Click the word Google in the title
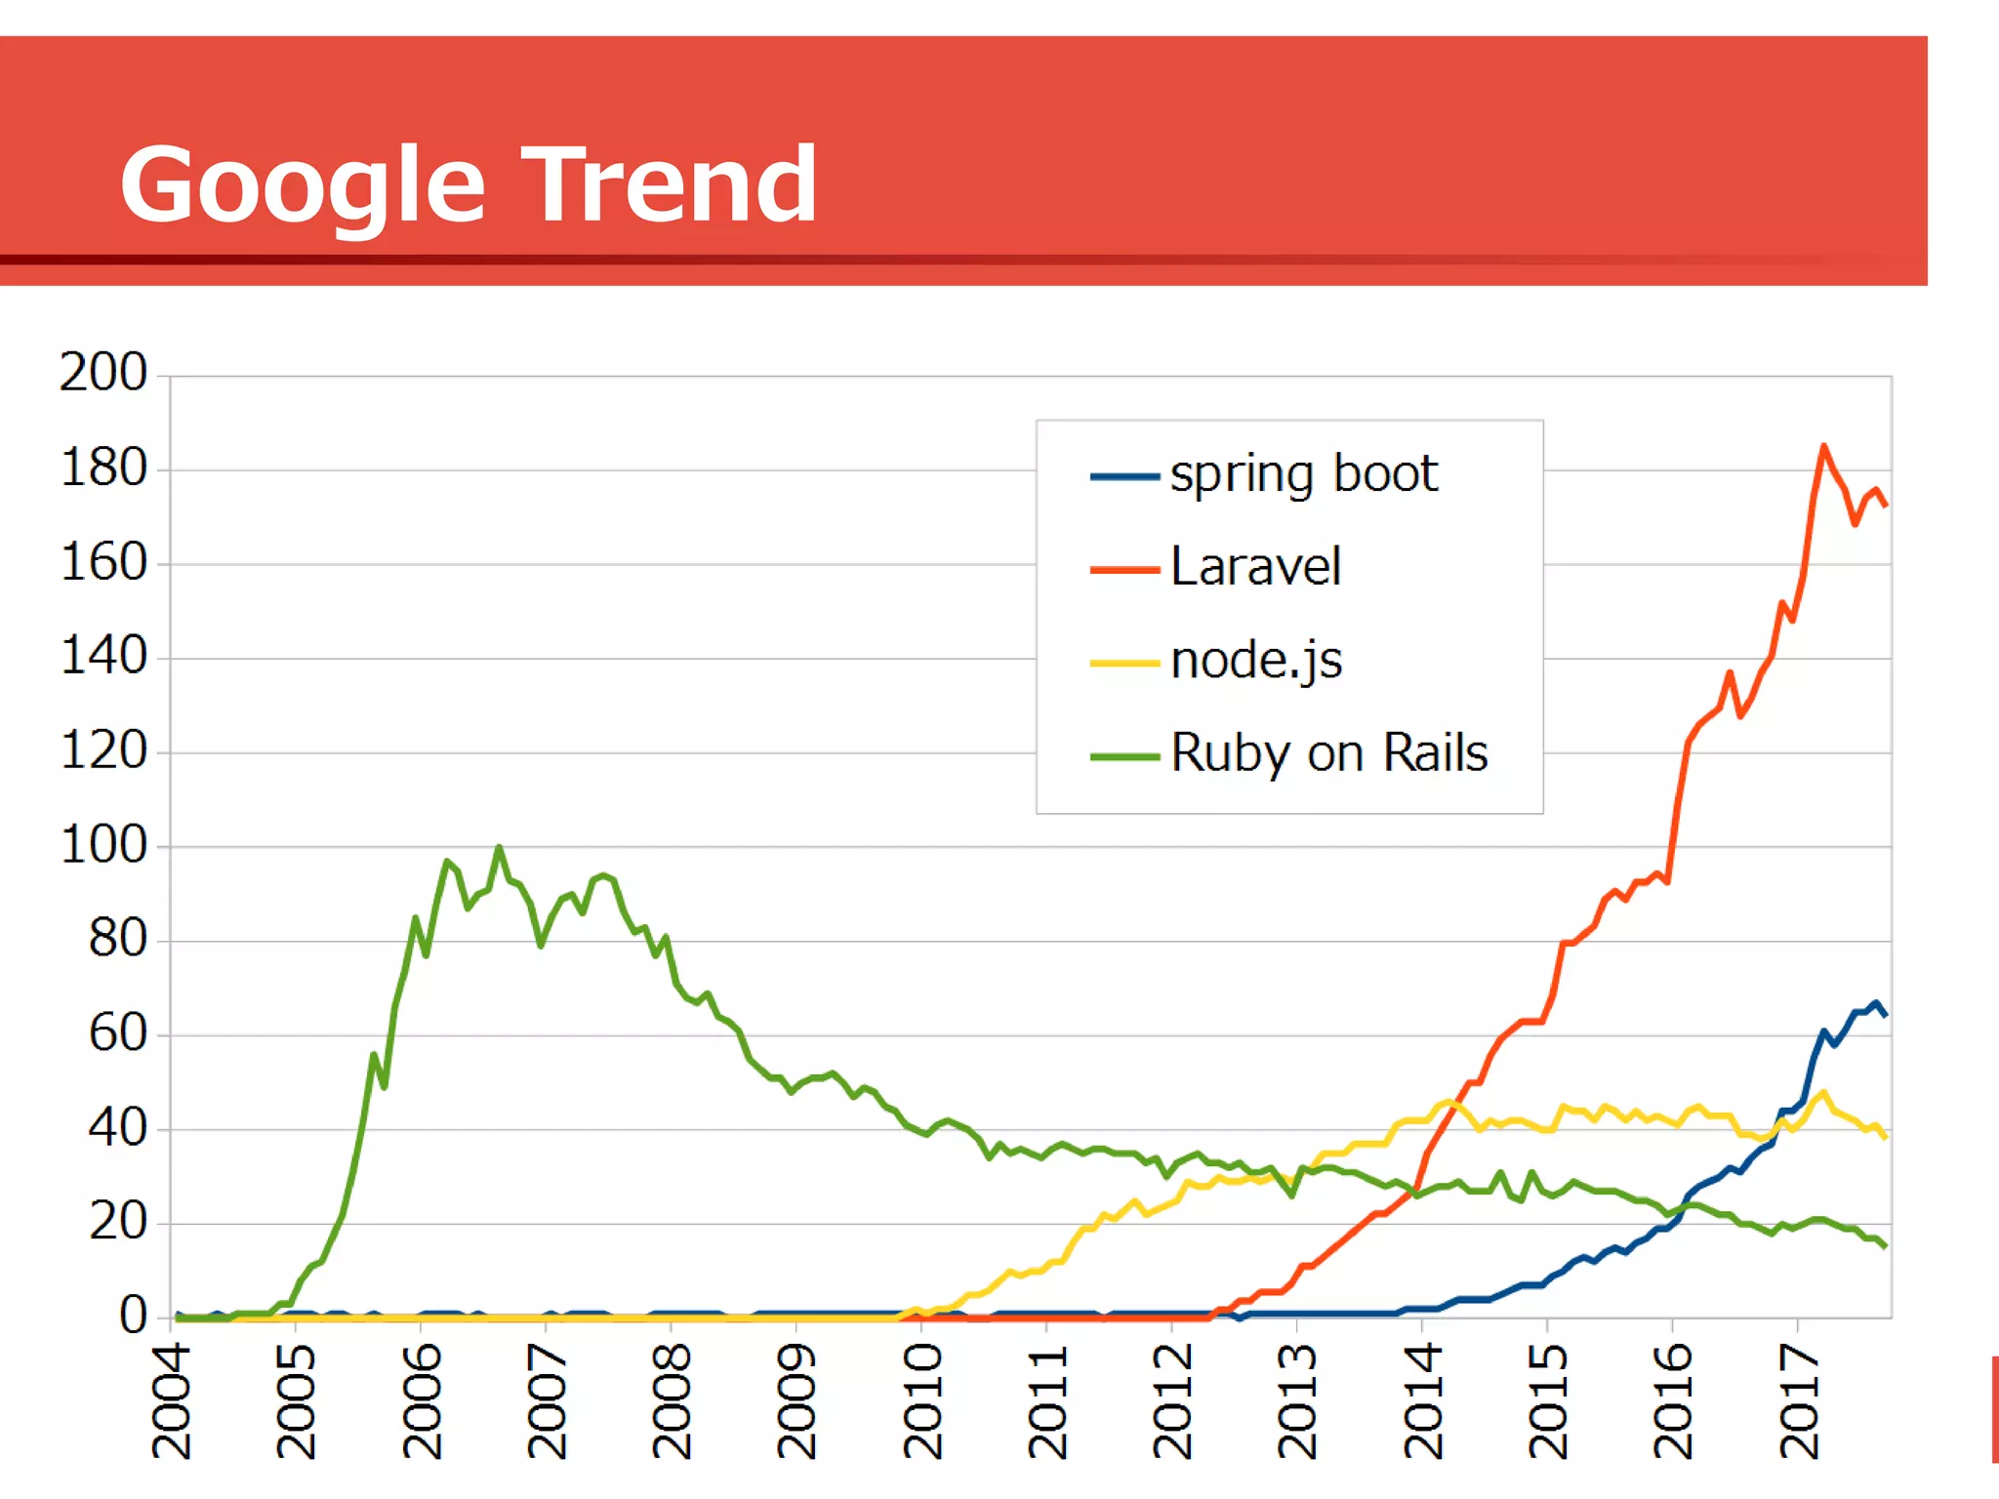(x=303, y=185)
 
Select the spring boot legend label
(x=1303, y=475)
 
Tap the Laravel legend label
(x=1255, y=567)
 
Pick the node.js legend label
(x=1256, y=661)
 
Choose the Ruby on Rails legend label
(x=1328, y=753)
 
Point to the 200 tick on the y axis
(x=103, y=373)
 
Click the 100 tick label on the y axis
(x=103, y=845)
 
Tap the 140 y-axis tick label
(x=103, y=656)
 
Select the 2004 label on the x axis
(x=172, y=1401)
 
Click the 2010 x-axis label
(x=922, y=1401)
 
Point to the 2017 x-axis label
(x=1799, y=1401)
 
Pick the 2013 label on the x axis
(x=1298, y=1401)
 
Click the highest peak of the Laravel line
(x=1823, y=447)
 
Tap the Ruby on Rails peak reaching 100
(x=500, y=848)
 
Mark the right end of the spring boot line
(x=1885, y=1015)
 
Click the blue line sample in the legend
(x=1124, y=476)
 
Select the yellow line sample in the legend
(x=1124, y=663)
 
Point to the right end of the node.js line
(x=1885, y=1137)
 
